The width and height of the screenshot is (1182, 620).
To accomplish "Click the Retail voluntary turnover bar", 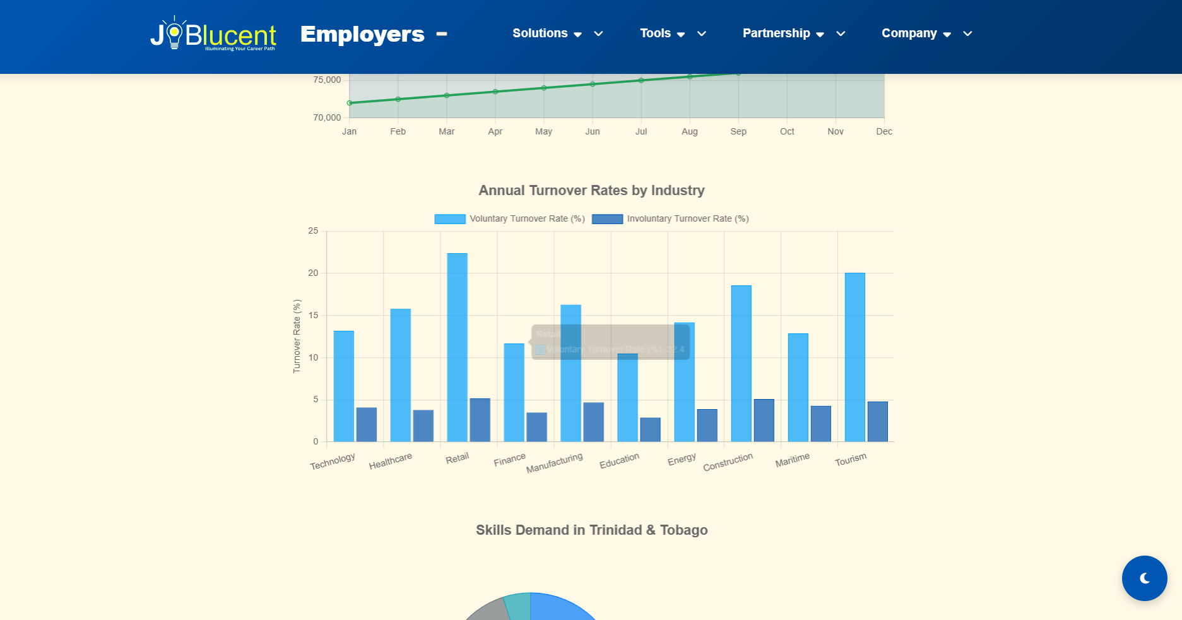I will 457,347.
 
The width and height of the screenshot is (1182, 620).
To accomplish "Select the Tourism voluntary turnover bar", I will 854,357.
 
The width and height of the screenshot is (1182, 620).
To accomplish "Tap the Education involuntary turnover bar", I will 650,429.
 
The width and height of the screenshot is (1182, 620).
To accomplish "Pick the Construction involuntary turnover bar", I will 764,420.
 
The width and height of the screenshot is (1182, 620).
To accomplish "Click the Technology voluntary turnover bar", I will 343,386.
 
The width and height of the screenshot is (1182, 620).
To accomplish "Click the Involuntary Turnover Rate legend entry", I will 670,219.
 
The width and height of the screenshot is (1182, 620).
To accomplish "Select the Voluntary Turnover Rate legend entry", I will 509,219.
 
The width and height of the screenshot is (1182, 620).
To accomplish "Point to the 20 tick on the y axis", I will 313,273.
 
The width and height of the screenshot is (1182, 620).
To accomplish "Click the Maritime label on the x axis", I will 792,460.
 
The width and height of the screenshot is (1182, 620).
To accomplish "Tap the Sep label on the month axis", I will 738,131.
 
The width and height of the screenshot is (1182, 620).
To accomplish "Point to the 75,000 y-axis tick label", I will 327,80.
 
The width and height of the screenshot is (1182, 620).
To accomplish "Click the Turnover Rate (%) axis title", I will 297,336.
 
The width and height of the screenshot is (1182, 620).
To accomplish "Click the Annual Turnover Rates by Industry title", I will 591,191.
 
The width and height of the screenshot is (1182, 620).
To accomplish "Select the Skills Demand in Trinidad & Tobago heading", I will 591,530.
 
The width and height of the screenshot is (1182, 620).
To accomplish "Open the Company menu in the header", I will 916,33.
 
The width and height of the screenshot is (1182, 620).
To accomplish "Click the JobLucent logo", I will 213,34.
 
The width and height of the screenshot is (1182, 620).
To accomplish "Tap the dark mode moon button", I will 1144,578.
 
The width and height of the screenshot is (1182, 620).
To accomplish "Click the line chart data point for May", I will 544,88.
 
